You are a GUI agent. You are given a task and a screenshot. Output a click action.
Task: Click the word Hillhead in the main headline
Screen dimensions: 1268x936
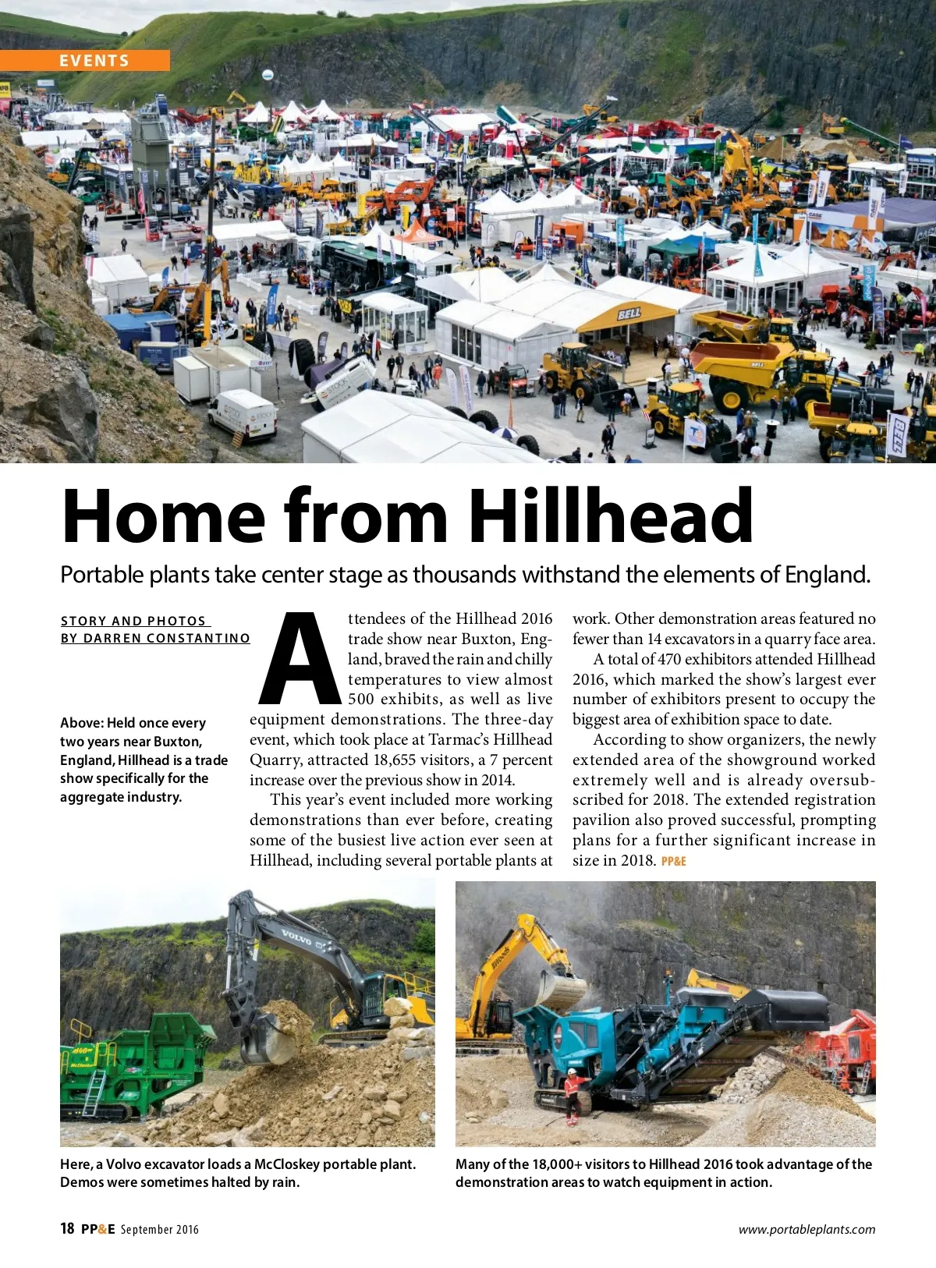point(611,516)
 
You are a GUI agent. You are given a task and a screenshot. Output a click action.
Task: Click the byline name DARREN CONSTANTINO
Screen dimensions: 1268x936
point(167,638)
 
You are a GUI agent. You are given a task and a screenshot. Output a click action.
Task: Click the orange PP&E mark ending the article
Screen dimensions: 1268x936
point(673,862)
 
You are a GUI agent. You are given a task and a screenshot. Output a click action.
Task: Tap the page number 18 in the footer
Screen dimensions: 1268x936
point(67,1229)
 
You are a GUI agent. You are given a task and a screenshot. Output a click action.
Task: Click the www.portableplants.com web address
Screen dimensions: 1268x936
point(807,1230)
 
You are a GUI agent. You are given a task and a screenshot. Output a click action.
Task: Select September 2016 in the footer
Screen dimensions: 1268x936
point(160,1230)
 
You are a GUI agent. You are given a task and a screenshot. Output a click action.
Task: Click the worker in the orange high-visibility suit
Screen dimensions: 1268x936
point(572,1093)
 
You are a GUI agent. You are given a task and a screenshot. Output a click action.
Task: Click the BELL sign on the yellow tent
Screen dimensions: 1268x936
point(629,314)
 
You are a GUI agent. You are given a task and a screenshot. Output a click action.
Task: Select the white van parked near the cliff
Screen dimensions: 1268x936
point(243,415)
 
